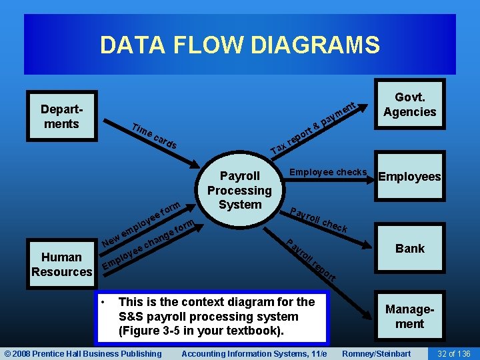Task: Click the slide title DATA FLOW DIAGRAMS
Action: tap(240, 45)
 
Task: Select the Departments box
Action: tap(60, 117)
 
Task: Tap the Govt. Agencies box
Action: tap(409, 105)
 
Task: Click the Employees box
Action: tap(409, 177)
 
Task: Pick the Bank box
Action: tap(409, 249)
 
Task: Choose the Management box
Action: tap(409, 317)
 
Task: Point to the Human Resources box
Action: tap(62, 264)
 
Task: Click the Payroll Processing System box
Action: tap(239, 190)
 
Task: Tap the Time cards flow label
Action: tap(154, 136)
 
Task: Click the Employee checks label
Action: tap(328, 172)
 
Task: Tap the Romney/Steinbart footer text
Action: tap(376, 353)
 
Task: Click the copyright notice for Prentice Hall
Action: tap(83, 353)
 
